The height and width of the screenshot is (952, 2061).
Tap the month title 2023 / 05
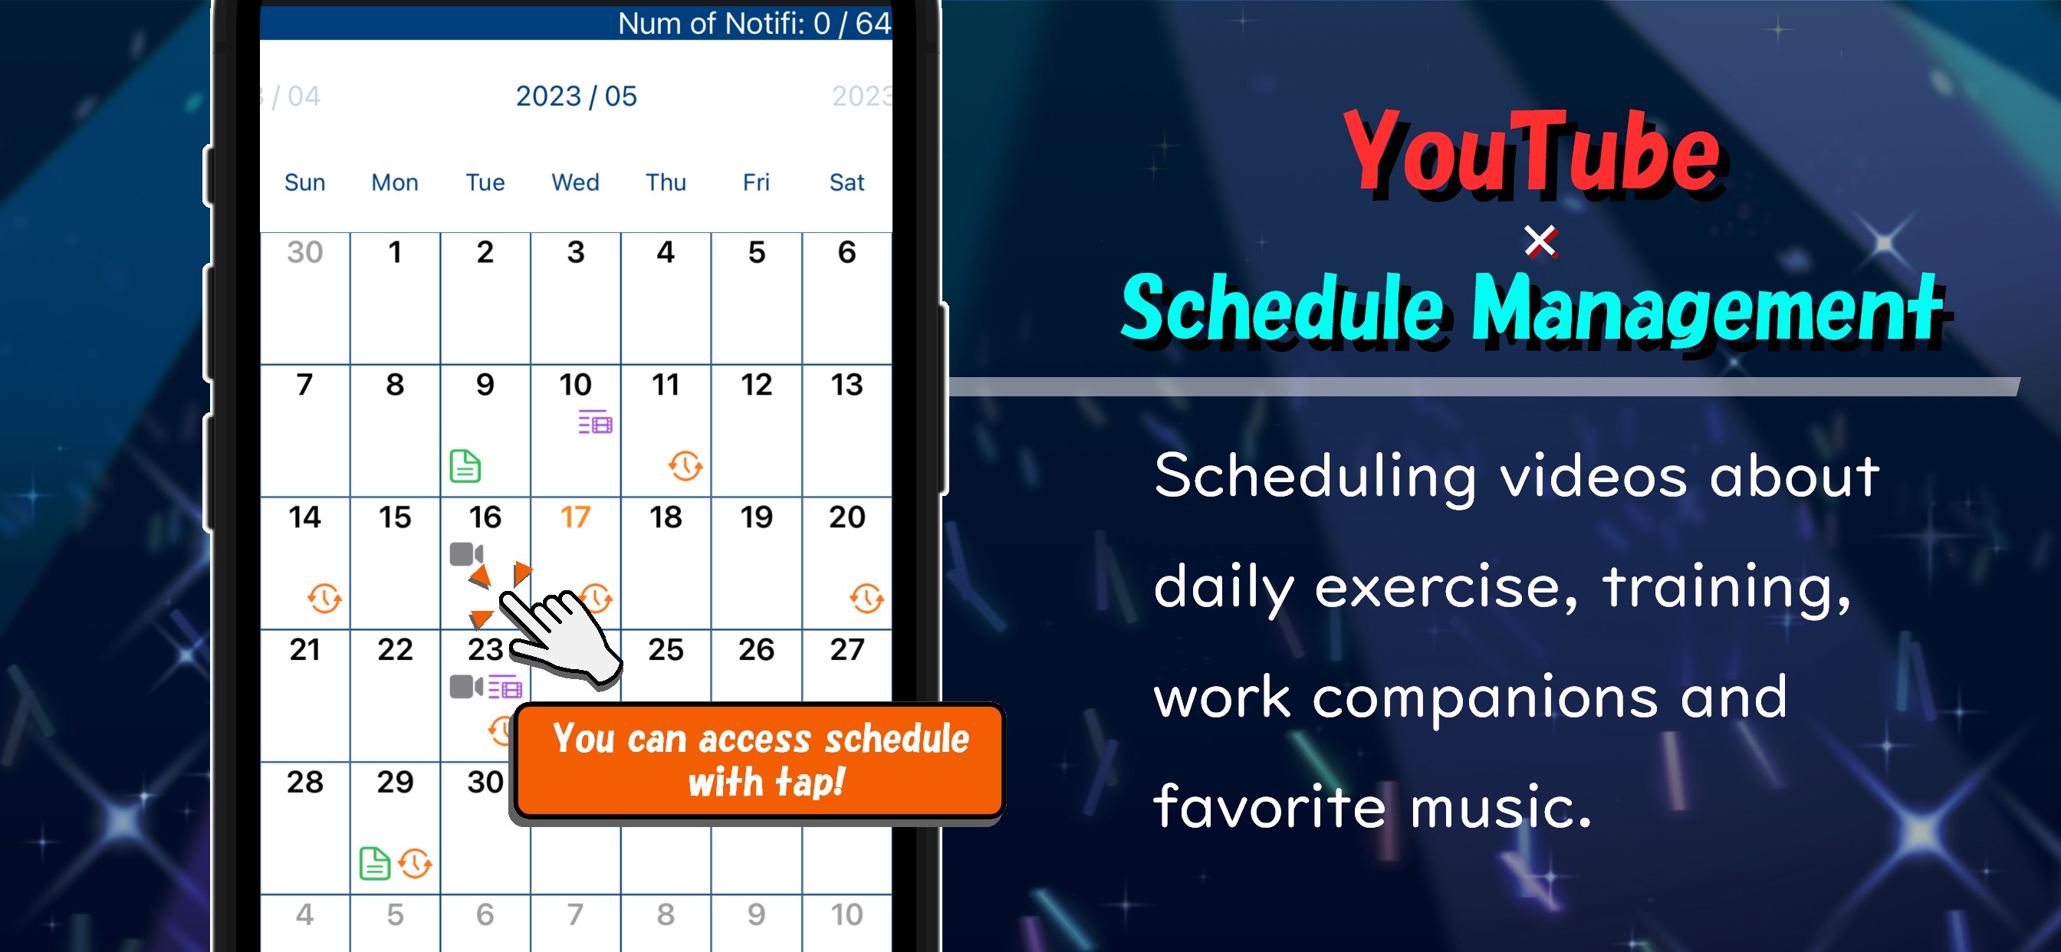click(576, 96)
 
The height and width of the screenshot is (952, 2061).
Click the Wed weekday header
click(575, 182)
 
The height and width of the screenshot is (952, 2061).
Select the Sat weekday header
click(846, 182)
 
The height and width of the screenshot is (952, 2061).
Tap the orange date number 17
click(575, 517)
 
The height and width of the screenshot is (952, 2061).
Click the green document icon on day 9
click(465, 465)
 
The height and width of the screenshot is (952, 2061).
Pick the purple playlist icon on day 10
click(595, 422)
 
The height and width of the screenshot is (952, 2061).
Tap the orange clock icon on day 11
click(685, 465)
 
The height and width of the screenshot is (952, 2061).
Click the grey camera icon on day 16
click(466, 553)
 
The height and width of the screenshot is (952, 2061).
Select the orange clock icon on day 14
click(325, 599)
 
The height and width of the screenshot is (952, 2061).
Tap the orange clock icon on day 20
click(866, 599)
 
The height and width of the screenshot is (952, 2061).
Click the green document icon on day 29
click(374, 863)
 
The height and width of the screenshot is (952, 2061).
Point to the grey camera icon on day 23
click(466, 686)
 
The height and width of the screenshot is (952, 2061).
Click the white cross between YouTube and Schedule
click(1540, 241)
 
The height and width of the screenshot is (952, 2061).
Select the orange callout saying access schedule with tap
click(759, 760)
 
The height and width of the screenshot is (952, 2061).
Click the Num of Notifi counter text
click(754, 23)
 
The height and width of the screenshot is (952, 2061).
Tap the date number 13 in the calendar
click(846, 385)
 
